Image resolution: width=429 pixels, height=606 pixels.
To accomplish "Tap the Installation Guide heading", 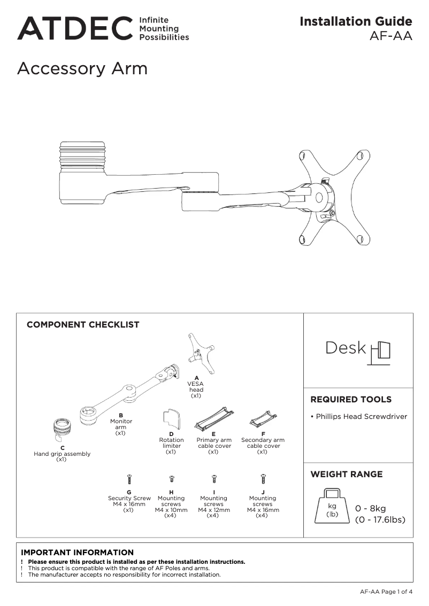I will [x=356, y=21].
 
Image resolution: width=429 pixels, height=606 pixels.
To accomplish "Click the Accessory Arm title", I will [x=82, y=69].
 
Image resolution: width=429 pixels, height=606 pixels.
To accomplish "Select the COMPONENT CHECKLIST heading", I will [x=83, y=324].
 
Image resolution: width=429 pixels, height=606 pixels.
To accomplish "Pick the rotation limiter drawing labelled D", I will [x=172, y=419].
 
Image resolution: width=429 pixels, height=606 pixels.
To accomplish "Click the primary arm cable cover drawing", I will [x=214, y=420].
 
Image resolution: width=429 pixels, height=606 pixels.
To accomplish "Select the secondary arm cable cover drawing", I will [x=263, y=419].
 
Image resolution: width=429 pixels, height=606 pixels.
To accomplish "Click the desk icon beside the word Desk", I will [x=380, y=351].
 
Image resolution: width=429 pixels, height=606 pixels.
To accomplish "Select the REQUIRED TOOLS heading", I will [x=350, y=399].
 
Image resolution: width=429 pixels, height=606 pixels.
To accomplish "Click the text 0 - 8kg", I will [x=370, y=508].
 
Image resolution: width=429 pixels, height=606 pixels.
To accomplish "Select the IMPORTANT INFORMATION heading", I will [x=77, y=552].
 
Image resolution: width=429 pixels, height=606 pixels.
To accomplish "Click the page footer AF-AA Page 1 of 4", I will [x=386, y=592].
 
